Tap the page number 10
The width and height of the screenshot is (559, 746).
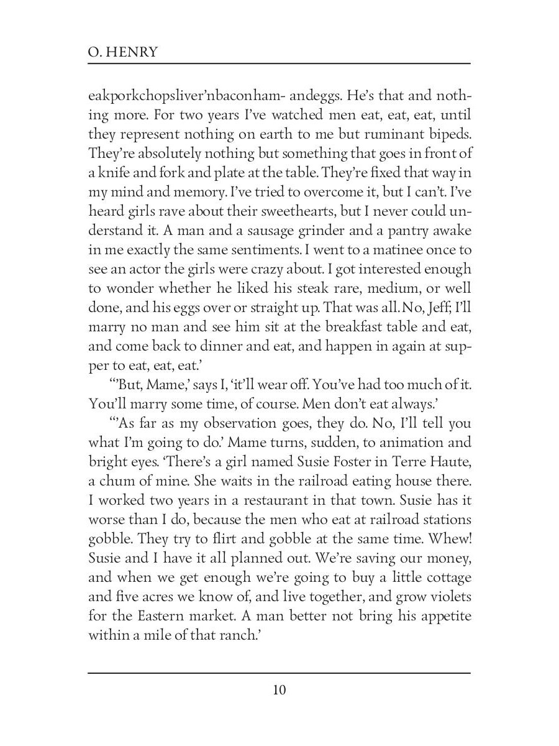tap(279, 690)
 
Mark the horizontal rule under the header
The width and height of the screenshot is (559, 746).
tap(279, 63)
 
